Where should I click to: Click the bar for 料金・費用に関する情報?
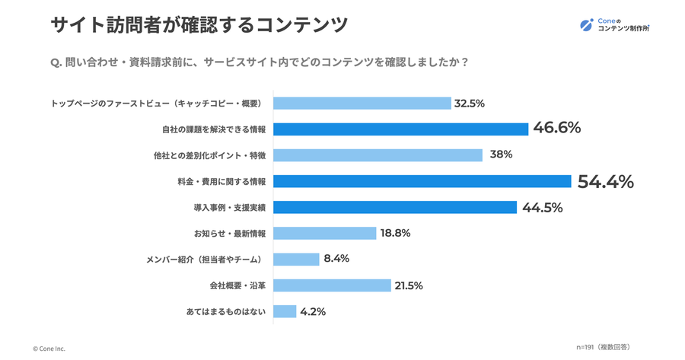tap(422, 181)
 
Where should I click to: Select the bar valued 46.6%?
tap(400, 129)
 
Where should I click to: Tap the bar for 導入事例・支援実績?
tap(395, 208)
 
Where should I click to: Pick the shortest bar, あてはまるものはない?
tap(284, 311)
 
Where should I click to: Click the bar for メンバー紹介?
tap(296, 260)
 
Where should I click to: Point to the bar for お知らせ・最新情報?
tap(324, 234)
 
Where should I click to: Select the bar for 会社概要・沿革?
tap(331, 285)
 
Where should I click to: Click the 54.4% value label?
tap(605, 181)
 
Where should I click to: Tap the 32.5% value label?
tap(470, 104)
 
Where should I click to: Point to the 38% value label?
tap(501, 155)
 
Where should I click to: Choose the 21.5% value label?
tap(408, 285)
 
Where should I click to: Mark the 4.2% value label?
tap(314, 311)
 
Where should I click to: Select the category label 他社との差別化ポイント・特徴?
tap(209, 155)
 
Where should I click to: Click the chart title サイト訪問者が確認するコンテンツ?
tap(199, 25)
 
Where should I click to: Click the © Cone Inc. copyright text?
tap(49, 349)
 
